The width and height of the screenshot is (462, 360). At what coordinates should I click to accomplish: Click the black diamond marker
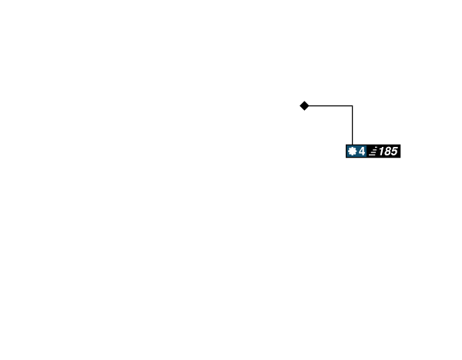point(304,105)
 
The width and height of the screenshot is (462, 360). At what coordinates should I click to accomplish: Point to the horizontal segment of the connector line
point(330,105)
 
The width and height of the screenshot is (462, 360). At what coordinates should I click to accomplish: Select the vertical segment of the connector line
point(353,125)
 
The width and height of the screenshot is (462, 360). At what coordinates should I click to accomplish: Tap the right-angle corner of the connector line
point(353,105)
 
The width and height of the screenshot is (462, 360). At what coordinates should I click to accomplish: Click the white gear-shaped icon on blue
point(352,152)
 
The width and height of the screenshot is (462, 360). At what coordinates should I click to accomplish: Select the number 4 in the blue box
point(362,152)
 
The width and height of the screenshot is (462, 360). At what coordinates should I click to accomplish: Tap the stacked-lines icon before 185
point(373,152)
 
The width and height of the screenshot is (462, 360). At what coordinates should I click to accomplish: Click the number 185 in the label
point(388,152)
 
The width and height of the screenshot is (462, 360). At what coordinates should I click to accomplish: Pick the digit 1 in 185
point(382,152)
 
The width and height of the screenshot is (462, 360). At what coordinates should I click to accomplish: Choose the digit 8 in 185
point(388,152)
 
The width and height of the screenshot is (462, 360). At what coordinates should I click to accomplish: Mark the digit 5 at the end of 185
point(394,152)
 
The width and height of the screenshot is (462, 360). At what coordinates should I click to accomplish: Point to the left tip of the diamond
point(300,105)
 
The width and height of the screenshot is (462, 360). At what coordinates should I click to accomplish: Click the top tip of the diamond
point(304,101)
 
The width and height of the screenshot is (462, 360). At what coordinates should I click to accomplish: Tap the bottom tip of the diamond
point(304,111)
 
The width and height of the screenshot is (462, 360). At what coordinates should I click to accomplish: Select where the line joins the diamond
point(310,105)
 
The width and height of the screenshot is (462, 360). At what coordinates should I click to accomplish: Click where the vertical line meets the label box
point(353,145)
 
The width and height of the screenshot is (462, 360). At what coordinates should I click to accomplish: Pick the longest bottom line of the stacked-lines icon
point(372,155)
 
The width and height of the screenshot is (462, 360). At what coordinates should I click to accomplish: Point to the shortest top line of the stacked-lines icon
point(376,148)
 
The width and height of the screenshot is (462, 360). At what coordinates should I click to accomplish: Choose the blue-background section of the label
point(357,152)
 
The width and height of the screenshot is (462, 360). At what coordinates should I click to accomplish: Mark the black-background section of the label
point(383,152)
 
